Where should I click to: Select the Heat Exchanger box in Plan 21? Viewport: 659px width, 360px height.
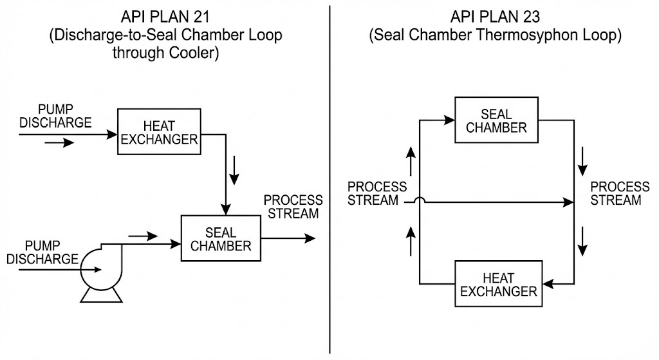point(158,132)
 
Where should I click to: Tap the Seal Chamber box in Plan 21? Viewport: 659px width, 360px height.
point(221,238)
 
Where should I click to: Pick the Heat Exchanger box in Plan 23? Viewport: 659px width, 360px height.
point(496,284)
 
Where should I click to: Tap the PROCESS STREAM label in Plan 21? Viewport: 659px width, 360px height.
point(293,206)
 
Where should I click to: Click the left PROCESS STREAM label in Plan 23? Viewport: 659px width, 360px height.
point(377,193)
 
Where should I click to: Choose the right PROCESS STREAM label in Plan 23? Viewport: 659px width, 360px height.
point(620,193)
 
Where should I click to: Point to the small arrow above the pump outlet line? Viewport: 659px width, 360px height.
point(143,236)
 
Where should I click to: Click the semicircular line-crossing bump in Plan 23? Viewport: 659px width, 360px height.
point(419,201)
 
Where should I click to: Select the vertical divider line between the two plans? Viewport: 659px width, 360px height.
point(330,180)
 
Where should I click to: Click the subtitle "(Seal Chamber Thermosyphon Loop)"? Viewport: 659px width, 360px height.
point(495,35)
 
